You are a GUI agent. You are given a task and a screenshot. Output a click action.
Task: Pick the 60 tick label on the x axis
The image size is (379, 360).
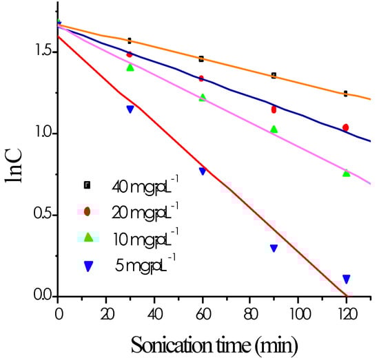click(202, 312)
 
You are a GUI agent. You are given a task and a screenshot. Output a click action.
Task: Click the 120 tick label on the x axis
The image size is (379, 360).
click(346, 312)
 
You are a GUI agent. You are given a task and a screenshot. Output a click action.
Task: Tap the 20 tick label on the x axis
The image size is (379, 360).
click(106, 312)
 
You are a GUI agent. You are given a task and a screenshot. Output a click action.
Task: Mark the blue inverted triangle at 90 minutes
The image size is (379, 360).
click(274, 248)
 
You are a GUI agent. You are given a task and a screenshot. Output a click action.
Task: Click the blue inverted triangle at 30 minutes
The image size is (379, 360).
click(130, 109)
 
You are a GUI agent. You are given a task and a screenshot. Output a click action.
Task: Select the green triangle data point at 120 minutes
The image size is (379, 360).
click(346, 173)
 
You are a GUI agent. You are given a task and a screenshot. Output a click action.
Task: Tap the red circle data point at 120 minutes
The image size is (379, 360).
click(346, 127)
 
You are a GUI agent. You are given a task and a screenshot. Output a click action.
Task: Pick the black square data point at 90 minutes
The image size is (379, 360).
click(274, 75)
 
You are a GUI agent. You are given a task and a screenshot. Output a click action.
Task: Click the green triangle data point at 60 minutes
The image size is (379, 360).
click(202, 98)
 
